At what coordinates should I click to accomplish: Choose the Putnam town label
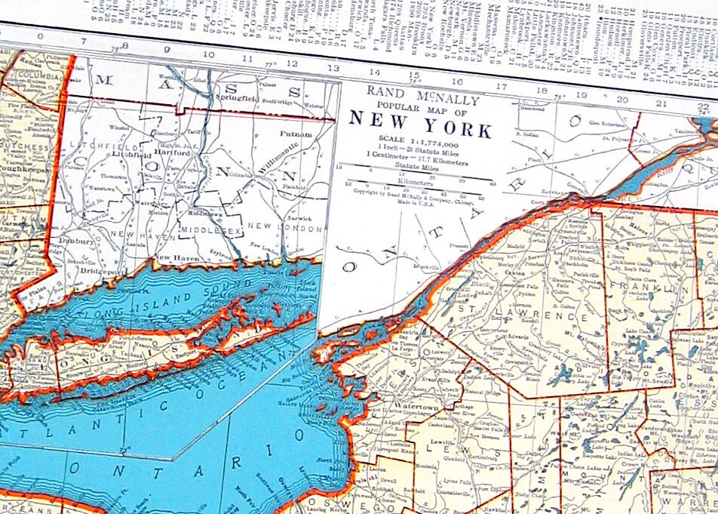(296, 134)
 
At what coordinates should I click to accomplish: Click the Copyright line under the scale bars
(414, 194)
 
